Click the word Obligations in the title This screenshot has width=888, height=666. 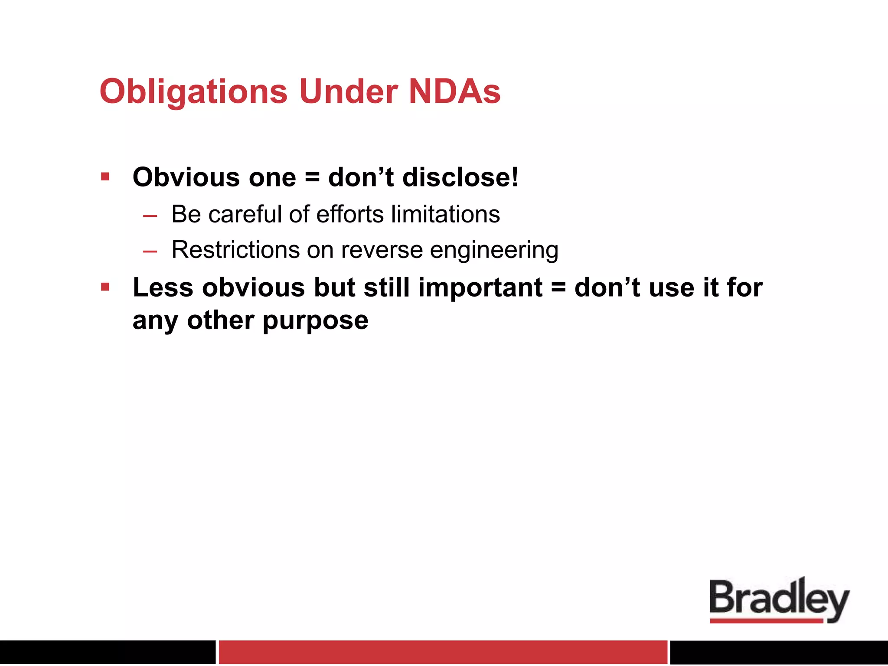tap(193, 92)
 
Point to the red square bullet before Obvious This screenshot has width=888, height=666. tap(105, 176)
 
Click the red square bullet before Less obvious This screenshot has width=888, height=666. tap(105, 287)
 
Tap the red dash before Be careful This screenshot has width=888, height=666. tap(150, 215)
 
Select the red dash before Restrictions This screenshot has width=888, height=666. tap(150, 251)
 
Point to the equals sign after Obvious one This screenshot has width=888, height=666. tap(312, 178)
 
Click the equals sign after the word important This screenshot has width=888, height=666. tap(558, 288)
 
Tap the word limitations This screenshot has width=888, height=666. tap(445, 214)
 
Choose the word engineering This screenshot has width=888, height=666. tap(494, 250)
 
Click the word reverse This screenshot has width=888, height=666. tap(382, 250)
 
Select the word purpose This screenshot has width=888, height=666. tap(315, 321)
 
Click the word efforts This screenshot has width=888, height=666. tap(350, 214)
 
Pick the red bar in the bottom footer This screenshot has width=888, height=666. tap(442, 652)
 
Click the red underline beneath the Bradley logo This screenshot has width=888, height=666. tap(766, 621)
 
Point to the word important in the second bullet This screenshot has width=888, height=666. tap(480, 287)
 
